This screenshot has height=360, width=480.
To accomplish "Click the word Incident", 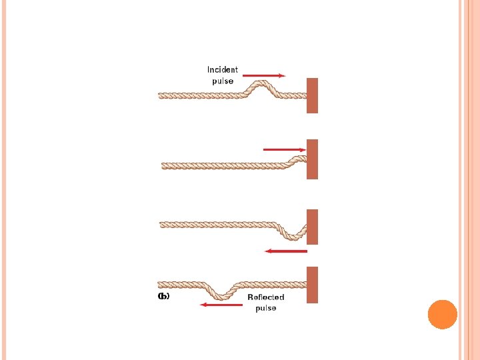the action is click(223, 70).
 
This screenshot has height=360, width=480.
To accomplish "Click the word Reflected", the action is click(266, 297).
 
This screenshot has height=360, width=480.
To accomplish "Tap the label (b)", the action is click(163, 296).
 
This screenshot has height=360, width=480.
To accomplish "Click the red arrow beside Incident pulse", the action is click(263, 76).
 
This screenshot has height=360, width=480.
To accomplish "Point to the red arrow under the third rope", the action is click(285, 251).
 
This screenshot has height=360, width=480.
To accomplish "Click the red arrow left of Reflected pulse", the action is click(222, 305).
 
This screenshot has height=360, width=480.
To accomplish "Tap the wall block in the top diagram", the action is click(313, 95).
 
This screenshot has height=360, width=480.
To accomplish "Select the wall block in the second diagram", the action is click(313, 159).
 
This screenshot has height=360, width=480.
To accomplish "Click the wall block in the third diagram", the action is click(313, 227).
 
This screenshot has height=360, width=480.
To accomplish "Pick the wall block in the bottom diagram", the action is click(313, 285).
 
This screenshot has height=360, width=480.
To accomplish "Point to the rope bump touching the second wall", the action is click(297, 159).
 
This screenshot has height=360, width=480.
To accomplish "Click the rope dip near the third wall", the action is click(293, 234).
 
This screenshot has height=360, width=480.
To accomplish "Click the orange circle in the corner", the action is click(442, 315).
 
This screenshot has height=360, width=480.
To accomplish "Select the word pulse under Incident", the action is click(223, 81).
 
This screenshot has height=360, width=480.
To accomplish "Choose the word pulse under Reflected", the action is click(266, 308).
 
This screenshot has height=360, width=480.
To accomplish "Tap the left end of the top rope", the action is click(160, 96).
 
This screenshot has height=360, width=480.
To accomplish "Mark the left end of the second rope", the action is click(164, 165).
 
